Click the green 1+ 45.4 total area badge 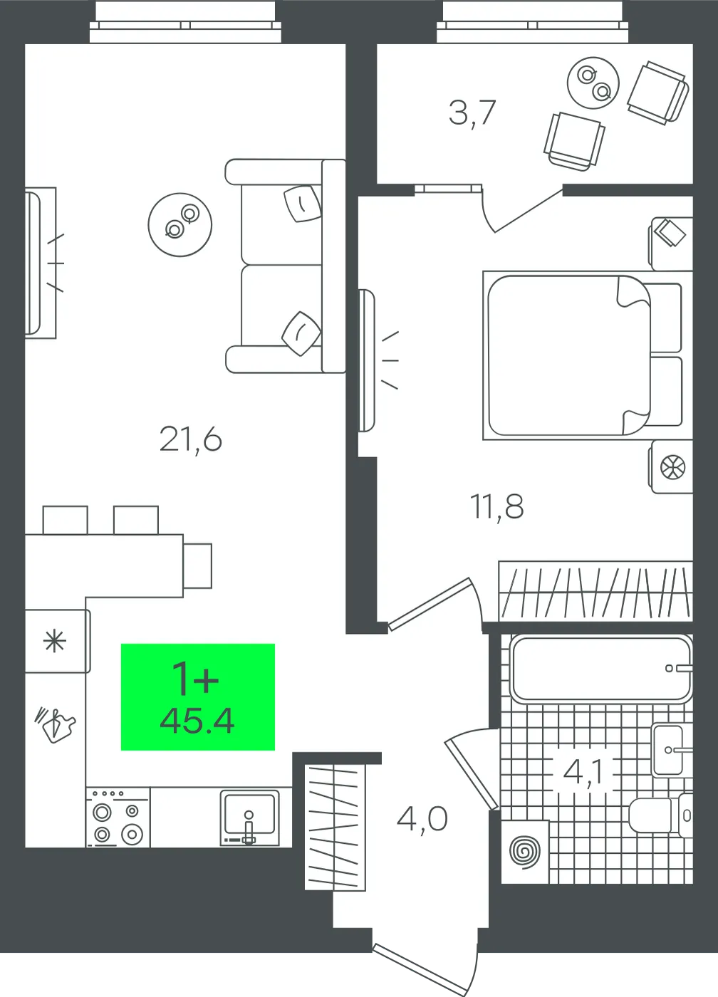[x=197, y=697]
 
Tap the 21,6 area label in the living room [x=190, y=439]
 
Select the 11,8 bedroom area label [x=496, y=506]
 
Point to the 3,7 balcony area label [x=472, y=113]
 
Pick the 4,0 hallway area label [x=422, y=819]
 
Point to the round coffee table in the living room [x=179, y=225]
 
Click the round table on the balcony [x=593, y=83]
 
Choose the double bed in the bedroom [x=583, y=355]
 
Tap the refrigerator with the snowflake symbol [x=57, y=642]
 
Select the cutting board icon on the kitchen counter [x=56, y=726]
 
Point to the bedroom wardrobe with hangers [x=595, y=591]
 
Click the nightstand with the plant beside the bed [x=671, y=466]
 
